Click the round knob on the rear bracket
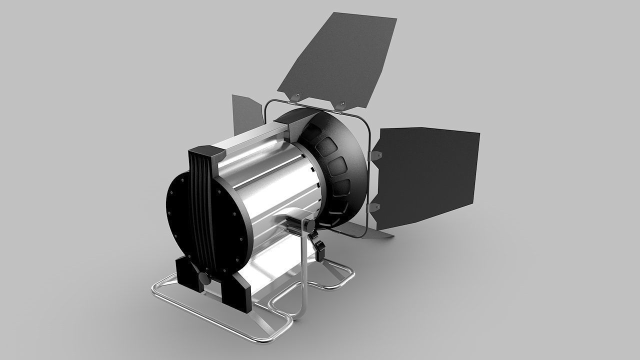[x=204, y=278]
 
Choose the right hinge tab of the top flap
[x=341, y=104]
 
